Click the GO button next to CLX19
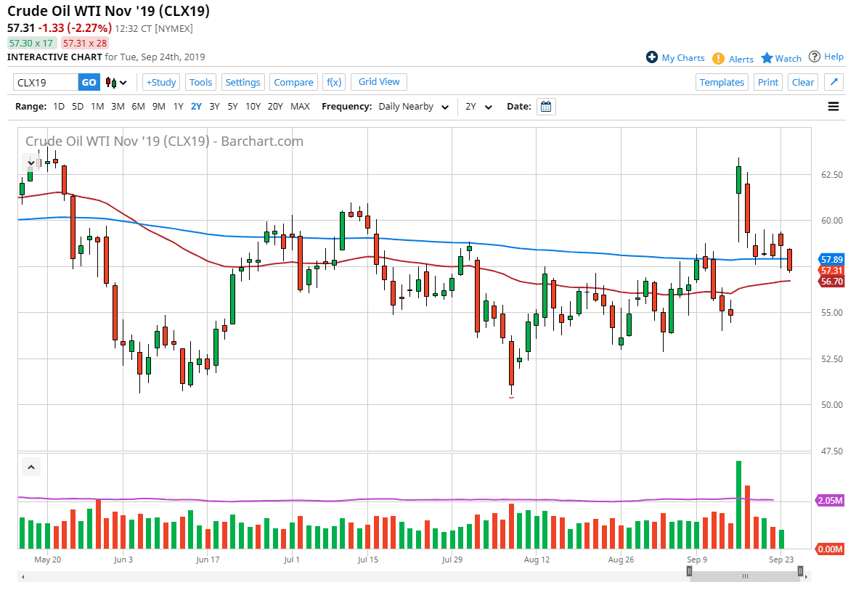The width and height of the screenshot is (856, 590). click(89, 82)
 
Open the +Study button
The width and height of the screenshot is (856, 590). click(161, 82)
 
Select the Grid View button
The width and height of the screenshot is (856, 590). click(379, 81)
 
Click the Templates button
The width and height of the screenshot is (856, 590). click(722, 82)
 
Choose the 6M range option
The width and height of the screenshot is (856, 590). click(138, 106)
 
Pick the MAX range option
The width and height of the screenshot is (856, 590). click(300, 106)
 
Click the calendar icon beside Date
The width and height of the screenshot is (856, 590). click(546, 107)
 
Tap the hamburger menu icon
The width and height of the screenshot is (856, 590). click(833, 107)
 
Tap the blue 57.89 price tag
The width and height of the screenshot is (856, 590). click(831, 259)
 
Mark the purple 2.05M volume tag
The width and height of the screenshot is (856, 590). click(831, 501)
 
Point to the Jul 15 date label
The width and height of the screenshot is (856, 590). click(368, 560)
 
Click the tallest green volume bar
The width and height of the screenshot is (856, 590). click(738, 504)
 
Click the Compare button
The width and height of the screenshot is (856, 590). click(293, 82)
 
